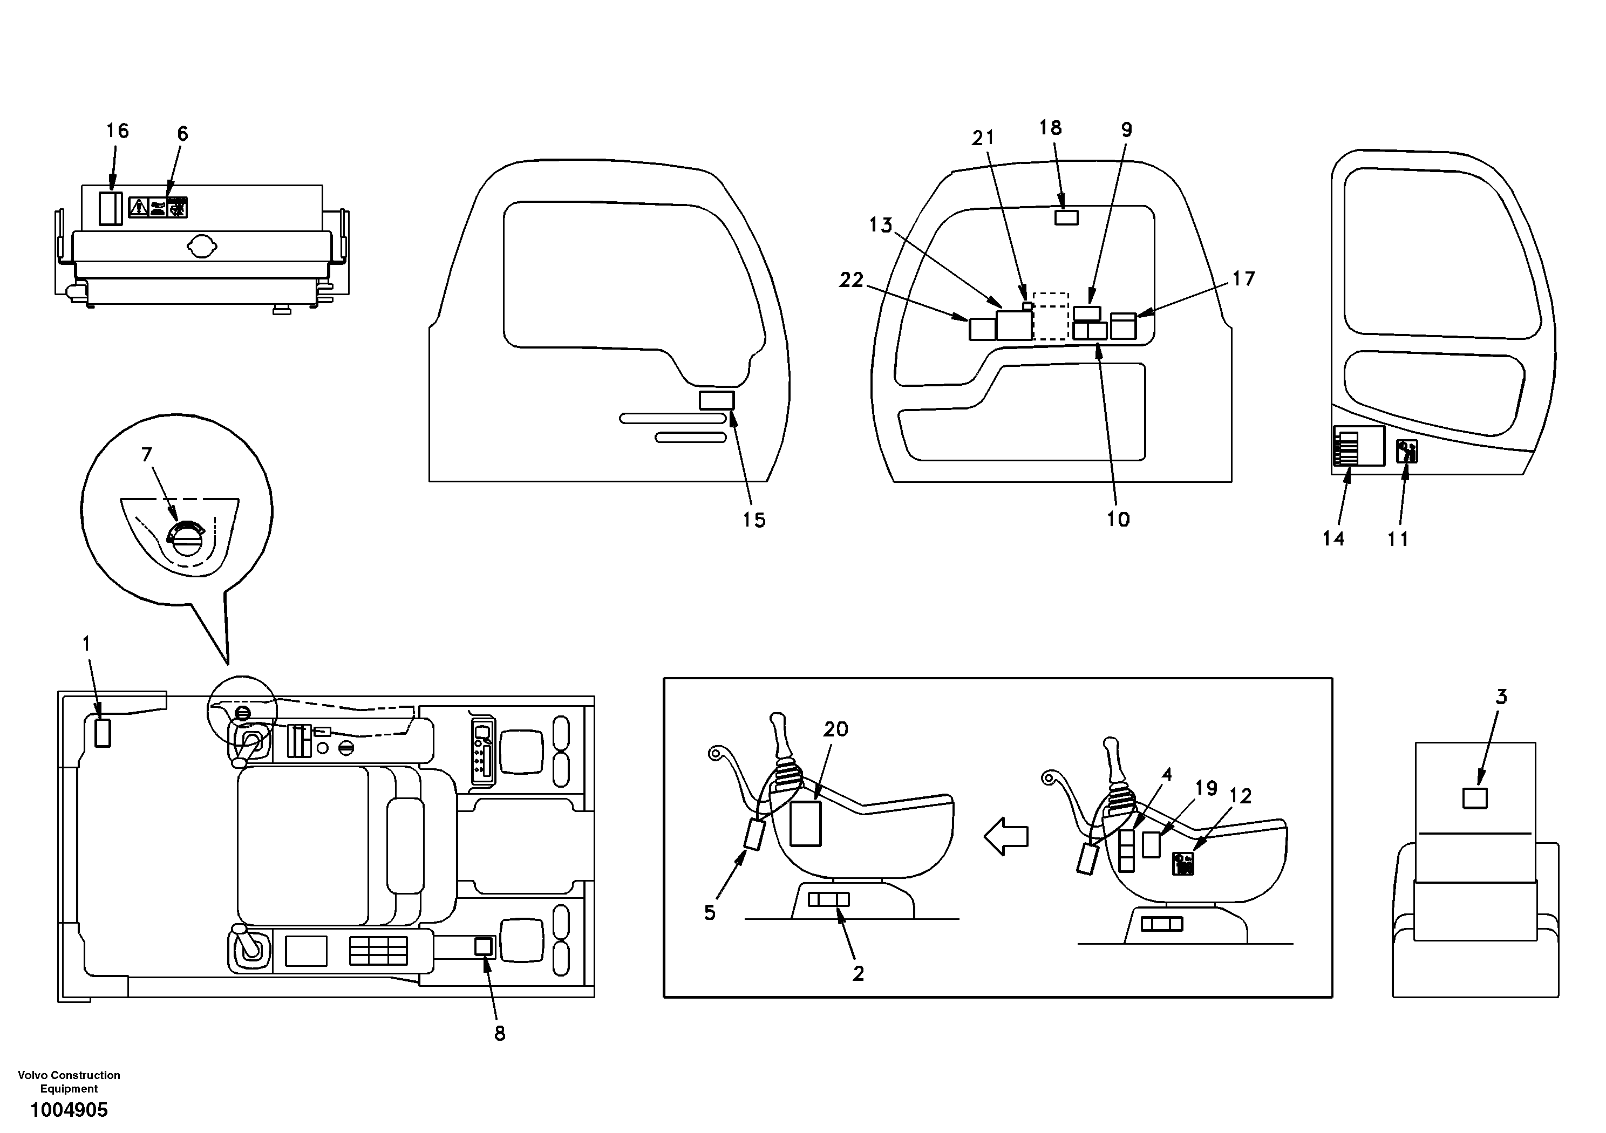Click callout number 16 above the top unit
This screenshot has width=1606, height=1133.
118,131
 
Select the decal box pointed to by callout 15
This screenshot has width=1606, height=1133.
717,400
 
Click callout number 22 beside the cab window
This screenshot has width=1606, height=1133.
851,280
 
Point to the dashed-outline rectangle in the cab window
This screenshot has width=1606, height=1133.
1051,316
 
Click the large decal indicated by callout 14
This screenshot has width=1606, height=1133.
1358,446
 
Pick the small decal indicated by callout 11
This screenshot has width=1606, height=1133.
1407,451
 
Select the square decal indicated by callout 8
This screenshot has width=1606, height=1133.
484,947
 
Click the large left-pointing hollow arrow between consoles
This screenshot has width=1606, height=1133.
1006,836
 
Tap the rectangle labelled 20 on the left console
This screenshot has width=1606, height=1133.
805,823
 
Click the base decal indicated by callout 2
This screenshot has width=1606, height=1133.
828,899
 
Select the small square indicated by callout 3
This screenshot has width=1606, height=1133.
1475,798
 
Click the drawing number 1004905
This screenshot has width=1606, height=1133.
69,1110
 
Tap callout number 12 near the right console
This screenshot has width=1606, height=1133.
1240,796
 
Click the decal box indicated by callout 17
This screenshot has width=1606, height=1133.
1124,326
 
